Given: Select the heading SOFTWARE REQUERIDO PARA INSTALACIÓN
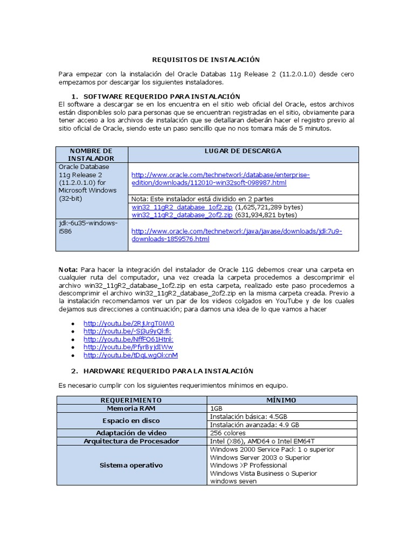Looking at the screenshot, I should coord(156,96).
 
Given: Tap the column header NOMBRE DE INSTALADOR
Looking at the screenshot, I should coord(91,154).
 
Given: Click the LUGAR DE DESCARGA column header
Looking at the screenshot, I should coord(243,151).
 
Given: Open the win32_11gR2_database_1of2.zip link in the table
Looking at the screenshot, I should coord(182,207).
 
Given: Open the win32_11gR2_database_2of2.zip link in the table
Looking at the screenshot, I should coord(182,215).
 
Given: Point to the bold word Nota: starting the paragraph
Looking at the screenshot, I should coord(68,269).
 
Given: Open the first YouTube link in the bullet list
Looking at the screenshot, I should coord(129,323).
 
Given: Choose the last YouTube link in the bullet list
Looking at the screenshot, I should coord(130,355).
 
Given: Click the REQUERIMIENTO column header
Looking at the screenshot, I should coord(131,400).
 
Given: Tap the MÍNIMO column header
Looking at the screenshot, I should coord(281,400).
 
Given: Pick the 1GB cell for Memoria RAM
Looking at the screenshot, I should coord(216,408).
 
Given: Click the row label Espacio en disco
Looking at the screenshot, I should coord(131,421).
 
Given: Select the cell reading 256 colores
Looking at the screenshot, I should coord(227,433).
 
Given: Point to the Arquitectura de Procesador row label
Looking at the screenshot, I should coord(131,441).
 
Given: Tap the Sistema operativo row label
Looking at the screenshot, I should coord(131,465).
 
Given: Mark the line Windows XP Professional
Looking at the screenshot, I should coord(248,465).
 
